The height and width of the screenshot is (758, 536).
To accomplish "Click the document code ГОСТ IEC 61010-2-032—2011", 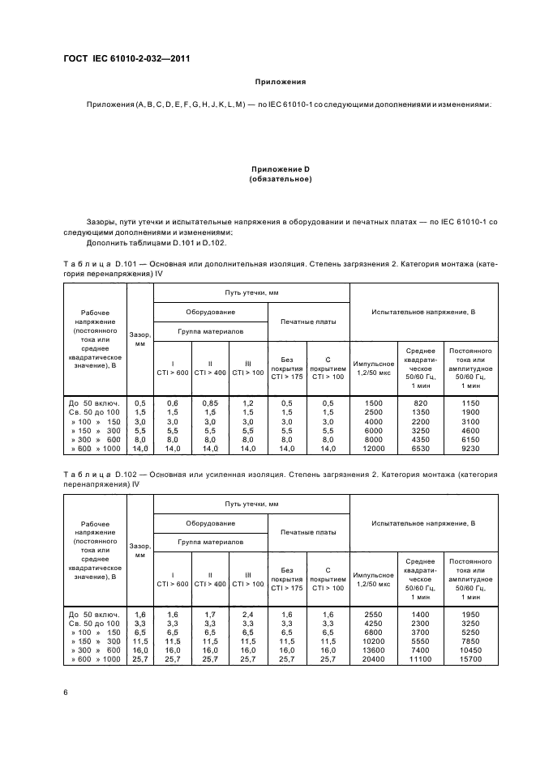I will [x=120, y=58].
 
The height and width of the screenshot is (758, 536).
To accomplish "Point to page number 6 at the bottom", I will [x=66, y=691].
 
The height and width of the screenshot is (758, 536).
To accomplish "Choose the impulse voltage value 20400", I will [x=373, y=659].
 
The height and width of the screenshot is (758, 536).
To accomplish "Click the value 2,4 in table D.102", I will [x=248, y=615].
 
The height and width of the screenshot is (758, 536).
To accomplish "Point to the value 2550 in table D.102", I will [x=373, y=615].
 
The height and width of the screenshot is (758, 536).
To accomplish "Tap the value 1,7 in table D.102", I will [x=211, y=615].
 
